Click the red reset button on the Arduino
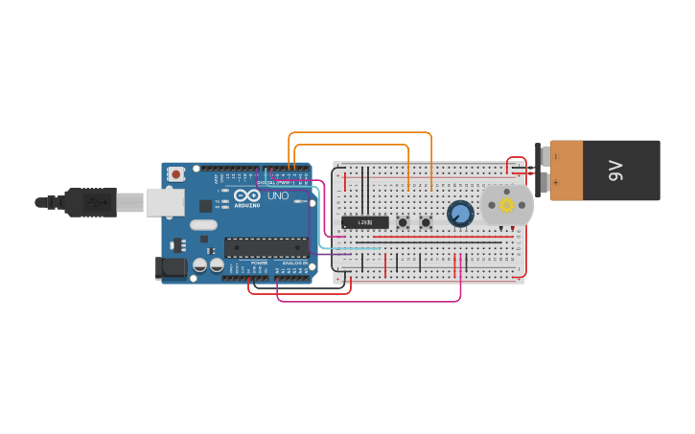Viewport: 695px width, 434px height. click(175, 174)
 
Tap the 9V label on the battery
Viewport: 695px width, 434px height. click(615, 171)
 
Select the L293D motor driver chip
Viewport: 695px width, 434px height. click(364, 222)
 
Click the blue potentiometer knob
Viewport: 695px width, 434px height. click(460, 214)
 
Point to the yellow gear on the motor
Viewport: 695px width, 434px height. click(506, 204)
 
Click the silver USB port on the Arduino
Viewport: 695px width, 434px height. click(164, 201)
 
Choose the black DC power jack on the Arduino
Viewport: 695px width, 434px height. click(171, 268)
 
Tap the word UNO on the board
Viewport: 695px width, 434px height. click(277, 195)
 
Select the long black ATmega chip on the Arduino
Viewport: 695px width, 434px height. click(266, 247)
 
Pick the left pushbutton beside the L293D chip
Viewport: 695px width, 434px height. click(403, 222)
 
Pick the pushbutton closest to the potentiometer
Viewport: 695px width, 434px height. click(426, 222)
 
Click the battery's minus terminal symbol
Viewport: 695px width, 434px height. click(556, 156)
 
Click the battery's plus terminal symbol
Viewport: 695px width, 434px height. click(556, 182)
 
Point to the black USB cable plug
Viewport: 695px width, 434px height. click(90, 202)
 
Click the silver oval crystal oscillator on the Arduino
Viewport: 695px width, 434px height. click(203, 225)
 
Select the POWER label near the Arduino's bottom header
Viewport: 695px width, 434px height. click(259, 262)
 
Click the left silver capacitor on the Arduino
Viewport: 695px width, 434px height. click(199, 264)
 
